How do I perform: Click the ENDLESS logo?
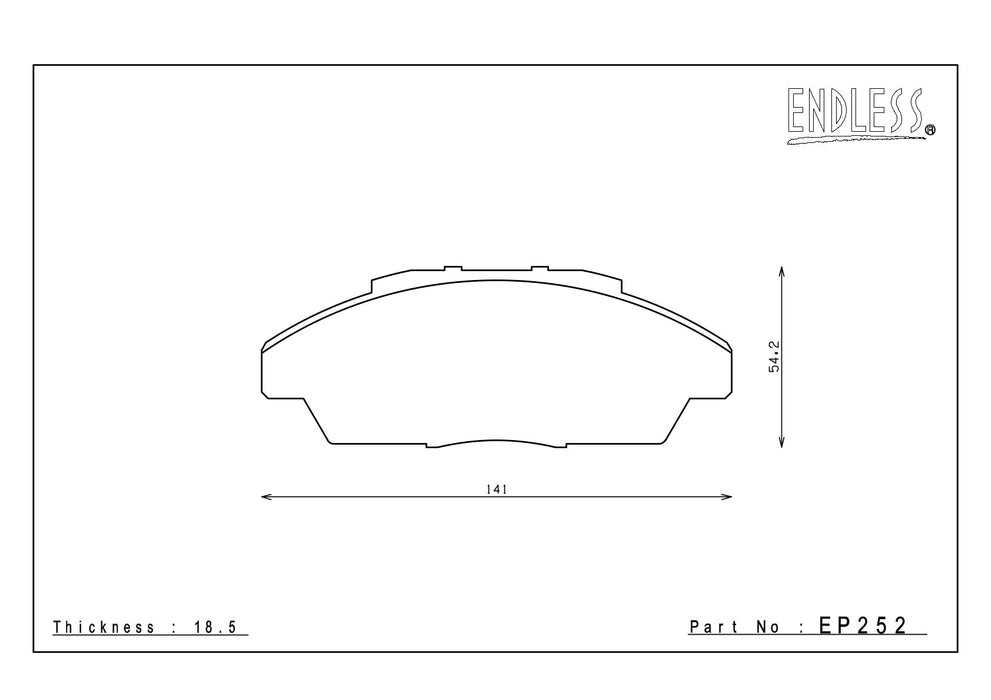point(861,116)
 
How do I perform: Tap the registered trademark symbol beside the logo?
point(930,130)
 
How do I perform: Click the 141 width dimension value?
point(497,489)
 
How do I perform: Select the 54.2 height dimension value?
point(774,357)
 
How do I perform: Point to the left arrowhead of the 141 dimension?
point(266,497)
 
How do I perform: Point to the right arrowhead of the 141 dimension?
point(727,497)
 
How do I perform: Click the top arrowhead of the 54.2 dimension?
point(782,272)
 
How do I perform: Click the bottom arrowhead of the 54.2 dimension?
point(782,442)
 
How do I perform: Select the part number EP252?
point(863,625)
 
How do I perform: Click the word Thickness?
point(104,627)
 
